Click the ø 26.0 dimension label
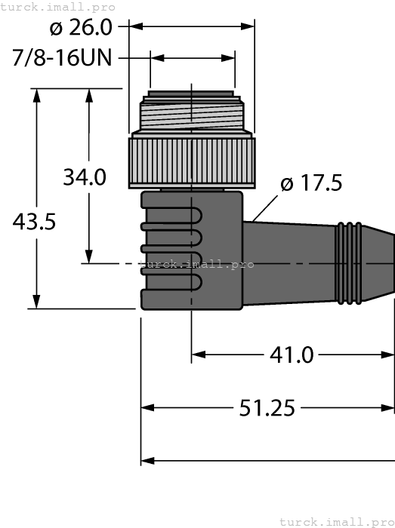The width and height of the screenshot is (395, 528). (81, 28)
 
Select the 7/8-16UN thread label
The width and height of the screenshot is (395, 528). (62, 58)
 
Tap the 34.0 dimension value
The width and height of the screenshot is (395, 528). (84, 177)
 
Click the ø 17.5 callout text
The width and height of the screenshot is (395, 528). (310, 183)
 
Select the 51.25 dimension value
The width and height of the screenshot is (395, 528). (267, 408)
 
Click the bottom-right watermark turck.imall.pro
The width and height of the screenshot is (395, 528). (336, 521)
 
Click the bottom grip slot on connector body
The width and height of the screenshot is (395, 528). (172, 285)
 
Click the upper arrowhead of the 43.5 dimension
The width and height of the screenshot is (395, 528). (35, 94)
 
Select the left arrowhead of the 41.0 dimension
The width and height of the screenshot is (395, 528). (199, 354)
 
